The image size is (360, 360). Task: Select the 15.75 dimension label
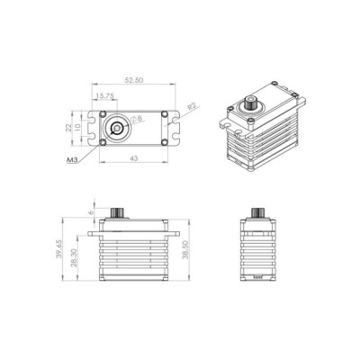point(104,95)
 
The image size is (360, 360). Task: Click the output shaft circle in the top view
point(116,130)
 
